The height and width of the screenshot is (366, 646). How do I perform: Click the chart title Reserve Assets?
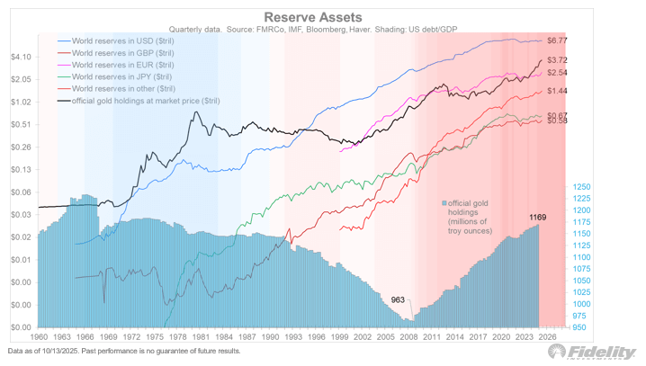click(305, 16)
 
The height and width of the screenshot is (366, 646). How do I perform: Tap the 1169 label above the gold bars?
click(537, 218)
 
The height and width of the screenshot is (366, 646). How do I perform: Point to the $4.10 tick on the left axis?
click(20, 57)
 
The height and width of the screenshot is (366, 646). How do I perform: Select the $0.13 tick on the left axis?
click(20, 169)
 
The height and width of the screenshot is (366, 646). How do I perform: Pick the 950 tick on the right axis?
click(581, 327)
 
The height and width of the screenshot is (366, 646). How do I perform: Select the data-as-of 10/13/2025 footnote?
click(123, 351)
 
